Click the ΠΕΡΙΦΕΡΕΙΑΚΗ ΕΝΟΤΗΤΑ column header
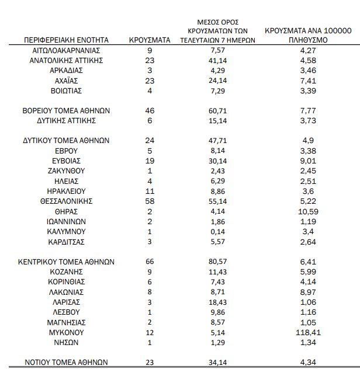click(66, 40)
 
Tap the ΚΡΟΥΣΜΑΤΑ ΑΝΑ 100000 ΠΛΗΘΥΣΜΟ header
click(308, 35)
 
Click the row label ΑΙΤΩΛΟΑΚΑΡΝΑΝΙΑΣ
click(66, 50)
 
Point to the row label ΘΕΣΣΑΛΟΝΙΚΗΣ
click(66, 201)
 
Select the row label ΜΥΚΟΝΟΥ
click(66, 332)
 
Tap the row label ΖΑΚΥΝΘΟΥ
click(66, 170)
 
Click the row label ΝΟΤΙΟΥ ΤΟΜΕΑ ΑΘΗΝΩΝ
click(66, 362)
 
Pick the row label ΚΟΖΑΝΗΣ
click(66, 272)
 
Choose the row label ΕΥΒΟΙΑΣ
click(66, 161)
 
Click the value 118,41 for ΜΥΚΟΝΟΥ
click(307, 332)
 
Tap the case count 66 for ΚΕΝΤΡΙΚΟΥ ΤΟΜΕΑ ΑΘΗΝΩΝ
click(150, 262)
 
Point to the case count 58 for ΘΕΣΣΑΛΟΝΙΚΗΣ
click(150, 201)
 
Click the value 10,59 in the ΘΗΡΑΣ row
click(307, 211)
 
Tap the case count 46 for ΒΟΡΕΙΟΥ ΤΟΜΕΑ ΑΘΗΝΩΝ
click(150, 110)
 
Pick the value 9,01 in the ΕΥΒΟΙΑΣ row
click(307, 161)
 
